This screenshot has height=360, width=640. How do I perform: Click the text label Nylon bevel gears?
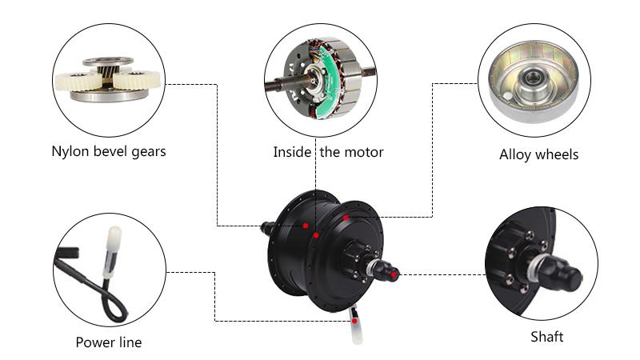click(x=108, y=150)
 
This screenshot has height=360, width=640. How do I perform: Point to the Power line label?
click(x=108, y=342)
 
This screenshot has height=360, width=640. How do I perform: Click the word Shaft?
click(x=546, y=337)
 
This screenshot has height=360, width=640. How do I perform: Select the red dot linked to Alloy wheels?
click(x=346, y=217)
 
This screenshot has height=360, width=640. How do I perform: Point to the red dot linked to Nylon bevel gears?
click(x=306, y=226)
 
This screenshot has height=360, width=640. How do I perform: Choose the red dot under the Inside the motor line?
click(x=317, y=236)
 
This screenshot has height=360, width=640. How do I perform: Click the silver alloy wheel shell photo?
click(x=528, y=80)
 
